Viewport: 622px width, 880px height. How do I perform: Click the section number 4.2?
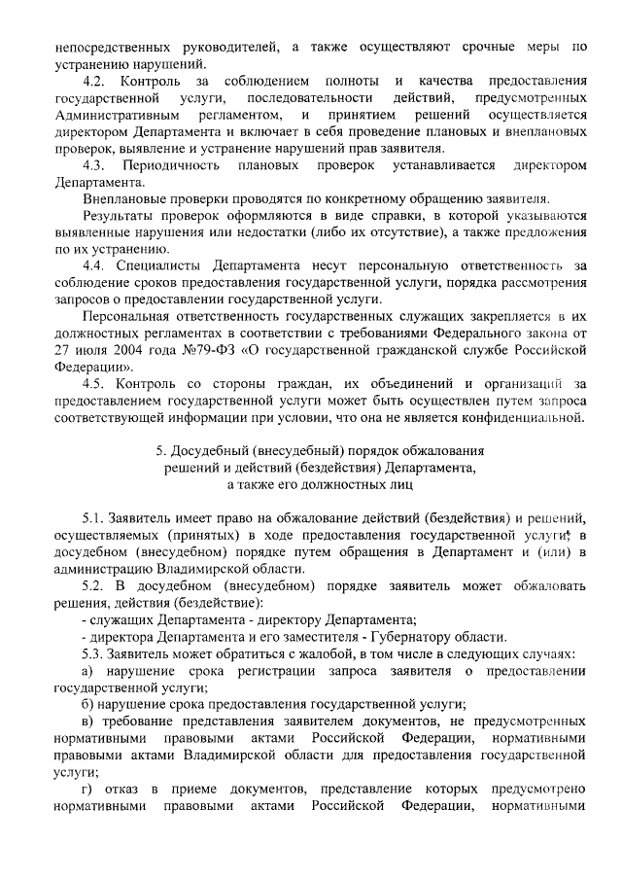96,80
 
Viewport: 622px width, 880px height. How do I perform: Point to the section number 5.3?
96,652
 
